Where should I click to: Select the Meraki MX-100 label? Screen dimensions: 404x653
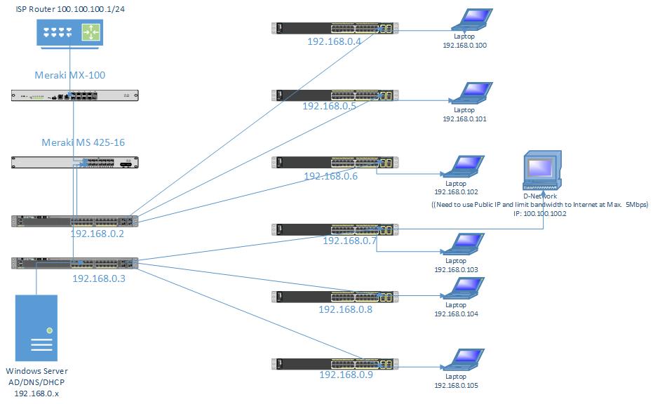point(69,74)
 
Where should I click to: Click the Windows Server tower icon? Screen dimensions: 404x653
point(36,329)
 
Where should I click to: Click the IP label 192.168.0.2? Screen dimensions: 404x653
point(97,234)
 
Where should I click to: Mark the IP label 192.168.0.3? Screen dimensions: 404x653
point(98,278)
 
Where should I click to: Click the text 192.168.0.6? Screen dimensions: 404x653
point(330,176)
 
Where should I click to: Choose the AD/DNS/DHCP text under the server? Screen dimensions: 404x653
point(36,382)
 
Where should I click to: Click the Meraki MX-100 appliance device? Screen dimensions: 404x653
point(75,96)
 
